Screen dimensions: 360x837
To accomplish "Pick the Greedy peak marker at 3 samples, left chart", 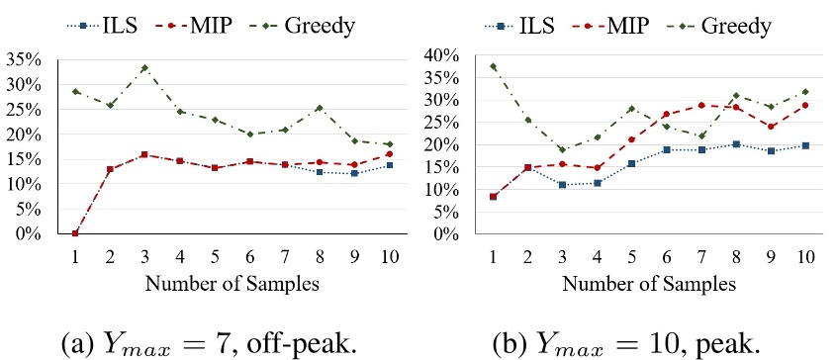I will pyautogui.click(x=144, y=68).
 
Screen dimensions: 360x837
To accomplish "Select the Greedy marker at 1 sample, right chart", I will pyautogui.click(x=493, y=66).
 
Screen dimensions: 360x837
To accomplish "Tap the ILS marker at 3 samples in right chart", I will pyautogui.click(x=562, y=185).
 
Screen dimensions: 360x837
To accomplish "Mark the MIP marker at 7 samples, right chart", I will pyautogui.click(x=701, y=105).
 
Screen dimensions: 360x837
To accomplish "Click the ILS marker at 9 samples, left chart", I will pyautogui.click(x=354, y=173).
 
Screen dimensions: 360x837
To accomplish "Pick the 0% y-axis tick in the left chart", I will pyautogui.click(x=26, y=233).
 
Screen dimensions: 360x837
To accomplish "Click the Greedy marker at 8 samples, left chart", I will pyautogui.click(x=319, y=108).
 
